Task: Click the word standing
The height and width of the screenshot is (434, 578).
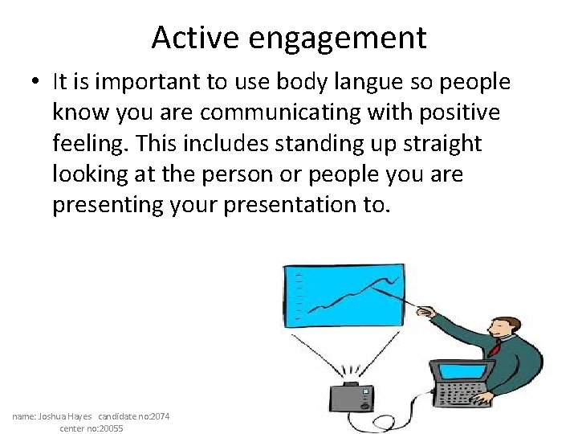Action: click(x=277, y=144)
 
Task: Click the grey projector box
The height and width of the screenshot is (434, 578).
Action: click(x=352, y=398)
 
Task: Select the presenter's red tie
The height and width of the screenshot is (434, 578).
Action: click(x=497, y=348)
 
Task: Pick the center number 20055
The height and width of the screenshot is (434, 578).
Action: click(x=110, y=428)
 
